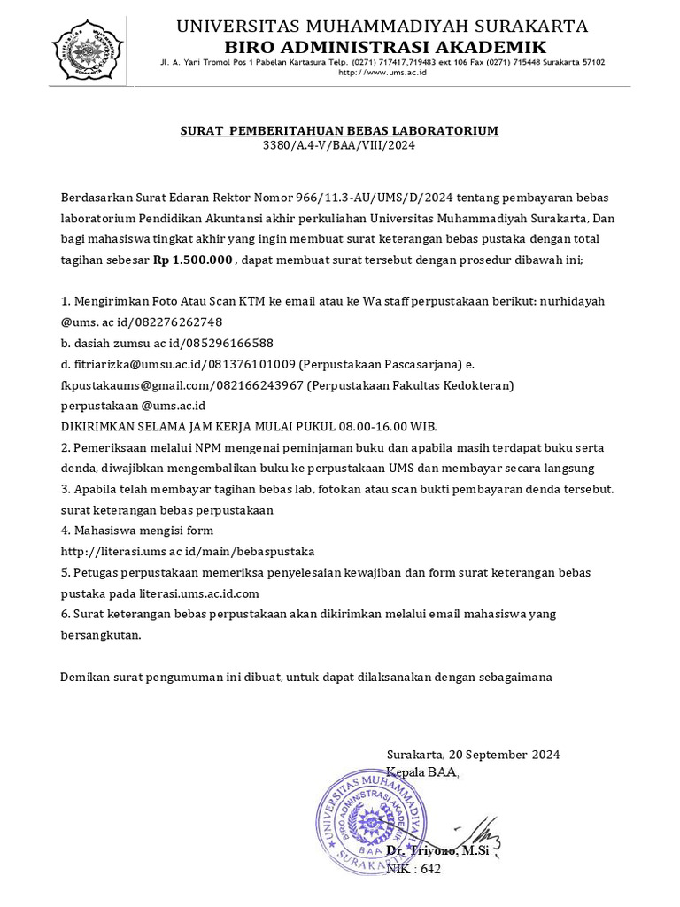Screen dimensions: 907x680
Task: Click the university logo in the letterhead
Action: click(87, 51)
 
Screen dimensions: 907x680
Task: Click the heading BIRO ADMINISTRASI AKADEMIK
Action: click(382, 47)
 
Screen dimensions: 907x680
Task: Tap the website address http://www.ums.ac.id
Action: click(382, 73)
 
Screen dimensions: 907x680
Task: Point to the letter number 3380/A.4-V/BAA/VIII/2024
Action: click(339, 145)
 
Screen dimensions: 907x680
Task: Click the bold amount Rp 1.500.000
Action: click(193, 260)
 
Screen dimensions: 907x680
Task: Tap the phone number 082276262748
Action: click(176, 322)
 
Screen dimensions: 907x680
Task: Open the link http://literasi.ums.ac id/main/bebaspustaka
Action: click(187, 551)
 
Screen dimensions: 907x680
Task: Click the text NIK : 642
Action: click(413, 869)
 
